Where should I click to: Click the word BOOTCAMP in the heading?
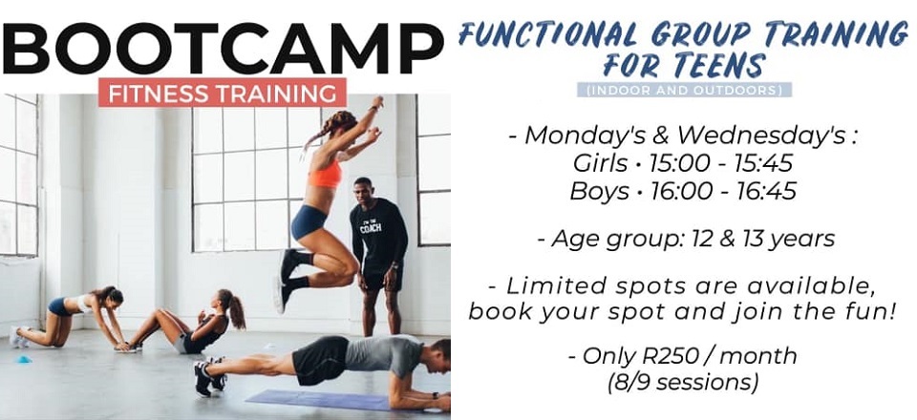click(223, 48)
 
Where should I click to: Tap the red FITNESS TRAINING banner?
click(223, 93)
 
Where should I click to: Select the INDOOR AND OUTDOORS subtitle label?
click(684, 90)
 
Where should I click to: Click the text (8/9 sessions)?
click(682, 383)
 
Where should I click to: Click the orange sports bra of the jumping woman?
click(325, 174)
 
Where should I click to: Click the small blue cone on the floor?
click(23, 359)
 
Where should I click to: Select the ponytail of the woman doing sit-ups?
click(235, 312)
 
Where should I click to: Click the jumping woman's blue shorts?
click(309, 221)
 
